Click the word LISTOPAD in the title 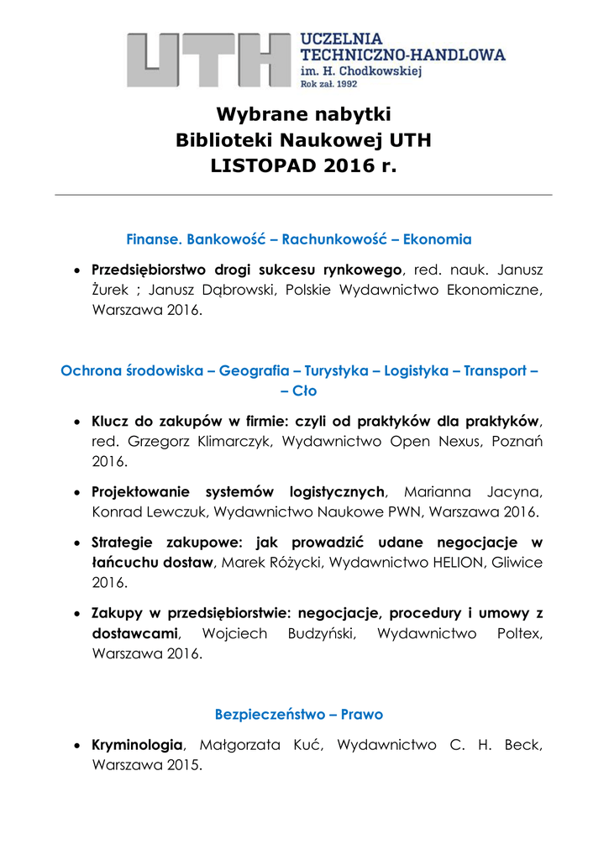262,167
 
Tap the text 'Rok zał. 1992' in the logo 329,85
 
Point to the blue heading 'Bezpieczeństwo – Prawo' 299,715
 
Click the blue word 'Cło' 304,391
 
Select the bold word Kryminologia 137,745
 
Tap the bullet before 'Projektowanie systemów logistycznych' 77,492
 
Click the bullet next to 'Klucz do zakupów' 77,422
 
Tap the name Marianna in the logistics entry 438,492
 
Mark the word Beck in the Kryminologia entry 524,745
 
